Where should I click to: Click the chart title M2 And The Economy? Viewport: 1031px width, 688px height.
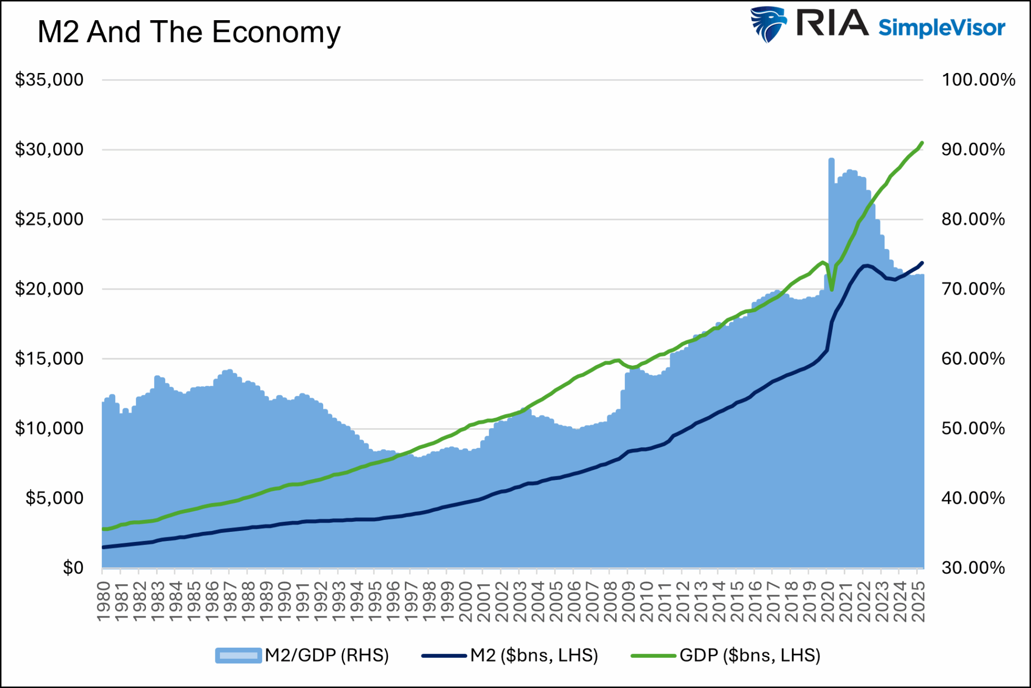pyautogui.click(x=189, y=33)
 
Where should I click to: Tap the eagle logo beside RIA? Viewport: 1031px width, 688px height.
pyautogui.click(x=768, y=24)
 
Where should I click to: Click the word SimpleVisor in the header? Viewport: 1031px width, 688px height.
pyautogui.click(x=941, y=28)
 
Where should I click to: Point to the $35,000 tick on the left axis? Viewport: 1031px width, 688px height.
pyautogui.click(x=49, y=80)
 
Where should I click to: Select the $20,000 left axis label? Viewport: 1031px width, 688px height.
pyautogui.click(x=49, y=289)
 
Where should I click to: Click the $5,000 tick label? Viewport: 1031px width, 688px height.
pyautogui.click(x=54, y=498)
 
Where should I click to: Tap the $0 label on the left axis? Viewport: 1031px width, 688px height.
pyautogui.click(x=73, y=568)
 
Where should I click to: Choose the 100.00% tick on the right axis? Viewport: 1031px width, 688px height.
pyautogui.click(x=978, y=80)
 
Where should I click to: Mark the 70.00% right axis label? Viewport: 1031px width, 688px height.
pyautogui.click(x=973, y=289)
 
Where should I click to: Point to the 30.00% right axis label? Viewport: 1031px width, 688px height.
pyautogui.click(x=973, y=568)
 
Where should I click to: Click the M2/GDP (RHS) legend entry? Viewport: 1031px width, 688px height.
pyautogui.click(x=302, y=655)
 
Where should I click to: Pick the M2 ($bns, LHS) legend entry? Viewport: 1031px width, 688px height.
pyautogui.click(x=509, y=655)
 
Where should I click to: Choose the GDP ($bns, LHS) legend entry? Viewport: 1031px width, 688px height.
pyautogui.click(x=725, y=655)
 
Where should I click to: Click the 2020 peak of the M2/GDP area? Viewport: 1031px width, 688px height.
pyautogui.click(x=831, y=160)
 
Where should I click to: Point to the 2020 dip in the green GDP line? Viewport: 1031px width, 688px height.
pyautogui.click(x=831, y=290)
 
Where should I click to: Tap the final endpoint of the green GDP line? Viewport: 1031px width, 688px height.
pyautogui.click(x=922, y=143)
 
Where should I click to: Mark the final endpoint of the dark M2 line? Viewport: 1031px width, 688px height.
pyautogui.click(x=922, y=263)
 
